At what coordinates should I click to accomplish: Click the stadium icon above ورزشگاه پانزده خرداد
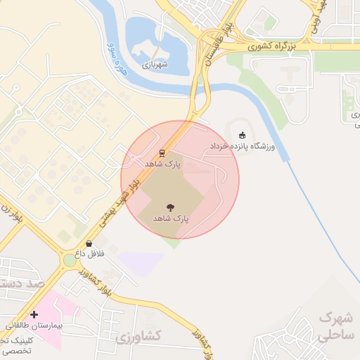[x=243, y=135]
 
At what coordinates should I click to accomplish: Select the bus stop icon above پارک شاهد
[x=162, y=152]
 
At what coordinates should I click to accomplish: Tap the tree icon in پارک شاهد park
[x=169, y=207]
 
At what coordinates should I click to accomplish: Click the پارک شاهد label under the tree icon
[x=172, y=219]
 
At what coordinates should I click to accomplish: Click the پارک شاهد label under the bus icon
[x=163, y=163]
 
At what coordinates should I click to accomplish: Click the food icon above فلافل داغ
[x=89, y=243]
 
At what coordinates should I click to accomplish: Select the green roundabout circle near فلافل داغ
[x=70, y=260]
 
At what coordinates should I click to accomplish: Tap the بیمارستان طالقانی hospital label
[x=34, y=326]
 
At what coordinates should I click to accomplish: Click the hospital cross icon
[x=34, y=314]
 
